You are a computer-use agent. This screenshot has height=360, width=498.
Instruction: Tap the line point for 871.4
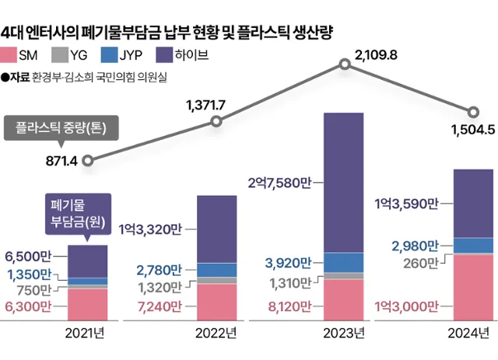pos(88,161)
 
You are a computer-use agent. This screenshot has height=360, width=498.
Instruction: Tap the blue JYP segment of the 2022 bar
pos(216,270)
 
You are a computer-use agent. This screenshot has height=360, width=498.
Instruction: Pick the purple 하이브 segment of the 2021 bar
pos(88,260)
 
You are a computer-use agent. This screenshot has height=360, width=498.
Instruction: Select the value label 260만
pos(422,263)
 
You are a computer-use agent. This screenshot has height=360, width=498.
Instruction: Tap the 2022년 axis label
pos(216,334)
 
